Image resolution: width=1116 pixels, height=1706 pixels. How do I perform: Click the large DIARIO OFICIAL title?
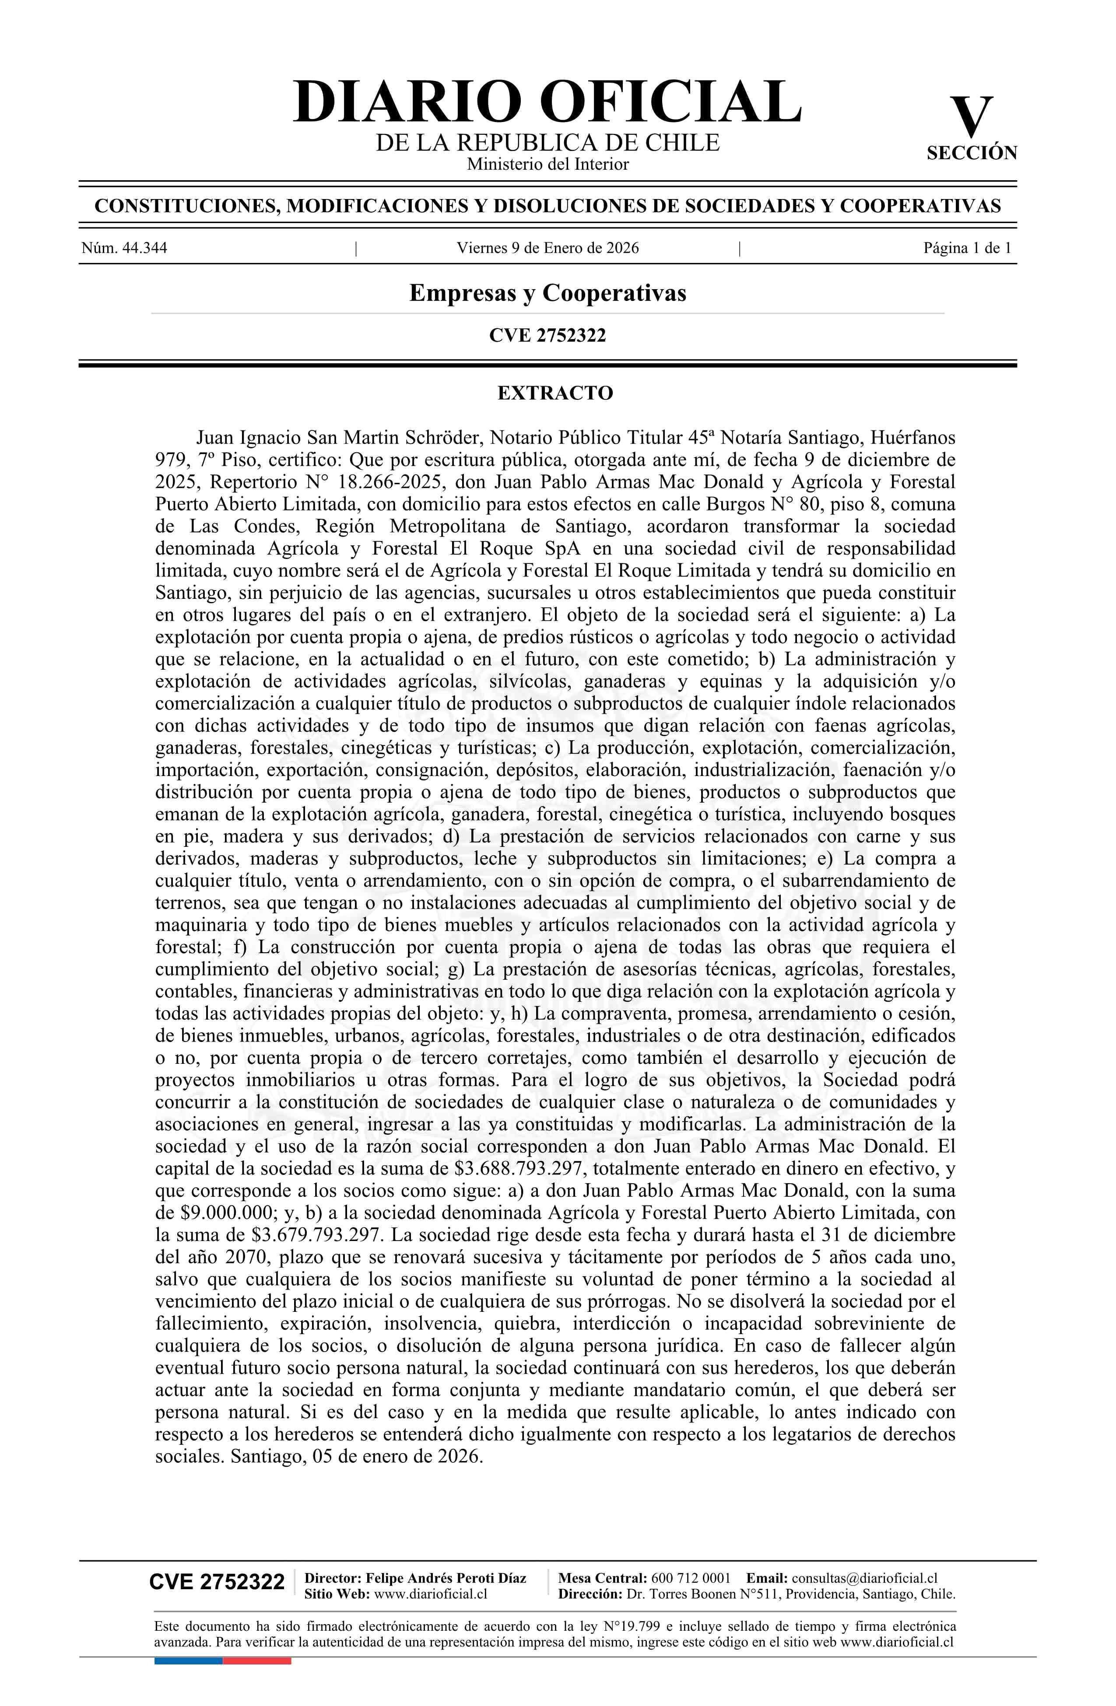point(547,102)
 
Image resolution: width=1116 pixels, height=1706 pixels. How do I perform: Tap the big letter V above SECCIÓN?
point(971,117)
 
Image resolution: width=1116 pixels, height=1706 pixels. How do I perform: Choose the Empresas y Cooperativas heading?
point(547,293)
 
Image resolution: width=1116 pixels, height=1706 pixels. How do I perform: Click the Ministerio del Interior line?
point(547,164)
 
